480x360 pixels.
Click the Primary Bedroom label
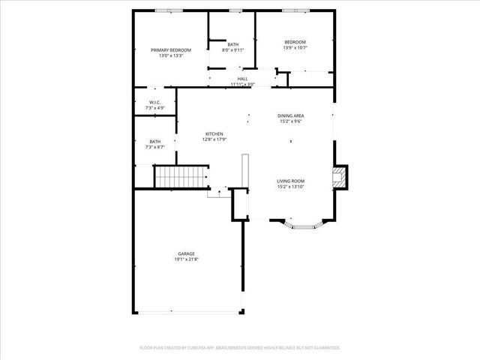[171, 50]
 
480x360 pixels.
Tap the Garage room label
[187, 253]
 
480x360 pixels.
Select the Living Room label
[290, 181]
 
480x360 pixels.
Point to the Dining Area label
[290, 115]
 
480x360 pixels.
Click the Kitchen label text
[214, 133]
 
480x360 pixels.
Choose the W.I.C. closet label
[155, 103]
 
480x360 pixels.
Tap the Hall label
[242, 79]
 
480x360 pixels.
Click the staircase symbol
[181, 178]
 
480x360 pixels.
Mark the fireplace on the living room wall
[340, 178]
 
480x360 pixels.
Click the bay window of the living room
[304, 223]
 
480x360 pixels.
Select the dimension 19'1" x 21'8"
[187, 259]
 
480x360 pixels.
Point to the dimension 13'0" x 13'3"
[171, 56]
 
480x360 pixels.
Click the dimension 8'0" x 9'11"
[233, 51]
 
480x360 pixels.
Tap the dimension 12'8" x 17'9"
[214, 139]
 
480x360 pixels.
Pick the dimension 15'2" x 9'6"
[290, 121]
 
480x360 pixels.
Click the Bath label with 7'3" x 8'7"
[154, 141]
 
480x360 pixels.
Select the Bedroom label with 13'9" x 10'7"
[295, 41]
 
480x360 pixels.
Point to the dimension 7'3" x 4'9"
[155, 109]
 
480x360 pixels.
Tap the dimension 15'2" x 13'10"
[290, 187]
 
